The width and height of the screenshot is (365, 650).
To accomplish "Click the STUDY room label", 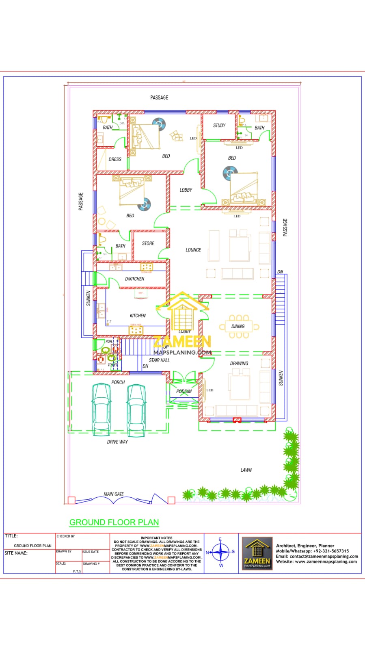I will (x=219, y=126).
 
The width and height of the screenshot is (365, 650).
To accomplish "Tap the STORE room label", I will (x=148, y=243).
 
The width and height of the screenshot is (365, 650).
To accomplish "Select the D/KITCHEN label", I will (x=134, y=279).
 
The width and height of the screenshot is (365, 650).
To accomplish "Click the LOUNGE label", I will (x=193, y=250).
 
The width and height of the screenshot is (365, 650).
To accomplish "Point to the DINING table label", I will (x=238, y=326).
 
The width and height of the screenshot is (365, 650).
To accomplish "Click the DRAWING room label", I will (x=239, y=364).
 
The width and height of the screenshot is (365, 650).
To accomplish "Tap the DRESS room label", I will (x=115, y=159).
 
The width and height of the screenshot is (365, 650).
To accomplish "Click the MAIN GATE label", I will (x=114, y=494).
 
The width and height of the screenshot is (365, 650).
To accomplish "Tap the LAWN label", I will (x=246, y=470).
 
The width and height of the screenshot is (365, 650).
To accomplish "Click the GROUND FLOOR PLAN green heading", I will (x=114, y=522).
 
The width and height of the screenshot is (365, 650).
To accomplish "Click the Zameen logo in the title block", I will (x=257, y=552).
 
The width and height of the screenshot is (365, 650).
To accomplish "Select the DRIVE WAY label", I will (x=117, y=442).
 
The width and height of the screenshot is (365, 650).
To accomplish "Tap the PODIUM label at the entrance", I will (x=184, y=391).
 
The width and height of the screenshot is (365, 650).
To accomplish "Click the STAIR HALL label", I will (x=159, y=360).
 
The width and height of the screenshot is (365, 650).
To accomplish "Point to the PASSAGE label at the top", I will (x=159, y=97).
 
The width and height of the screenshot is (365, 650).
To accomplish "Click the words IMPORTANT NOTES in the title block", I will (x=157, y=538).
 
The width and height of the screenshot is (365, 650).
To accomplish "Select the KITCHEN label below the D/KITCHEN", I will (x=138, y=316).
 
